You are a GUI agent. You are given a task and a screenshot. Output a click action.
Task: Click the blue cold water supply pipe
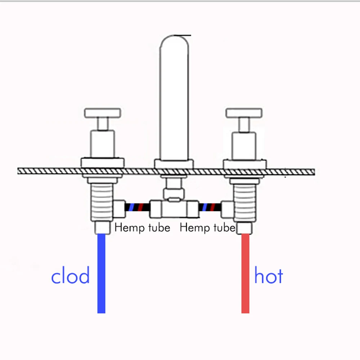102,274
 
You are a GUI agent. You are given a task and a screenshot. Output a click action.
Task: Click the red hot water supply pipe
245,274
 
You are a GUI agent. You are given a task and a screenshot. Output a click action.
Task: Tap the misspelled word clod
70,276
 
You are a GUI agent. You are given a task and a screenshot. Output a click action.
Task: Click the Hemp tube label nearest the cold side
142,228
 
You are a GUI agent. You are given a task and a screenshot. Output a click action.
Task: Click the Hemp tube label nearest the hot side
207,228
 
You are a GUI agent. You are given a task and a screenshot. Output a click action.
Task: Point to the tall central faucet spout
174,97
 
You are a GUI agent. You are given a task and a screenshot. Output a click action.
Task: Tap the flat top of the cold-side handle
103,113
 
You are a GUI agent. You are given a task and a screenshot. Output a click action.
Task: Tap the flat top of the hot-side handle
244,113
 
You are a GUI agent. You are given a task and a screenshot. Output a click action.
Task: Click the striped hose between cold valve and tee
137,208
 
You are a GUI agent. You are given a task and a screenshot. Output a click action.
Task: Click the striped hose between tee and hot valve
210,208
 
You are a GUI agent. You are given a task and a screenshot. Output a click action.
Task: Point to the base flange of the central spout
174,164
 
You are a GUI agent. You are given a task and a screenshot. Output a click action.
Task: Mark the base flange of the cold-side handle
103,163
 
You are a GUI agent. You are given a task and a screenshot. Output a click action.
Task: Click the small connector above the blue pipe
102,228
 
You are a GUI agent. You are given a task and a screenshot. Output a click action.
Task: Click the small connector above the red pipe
245,228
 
